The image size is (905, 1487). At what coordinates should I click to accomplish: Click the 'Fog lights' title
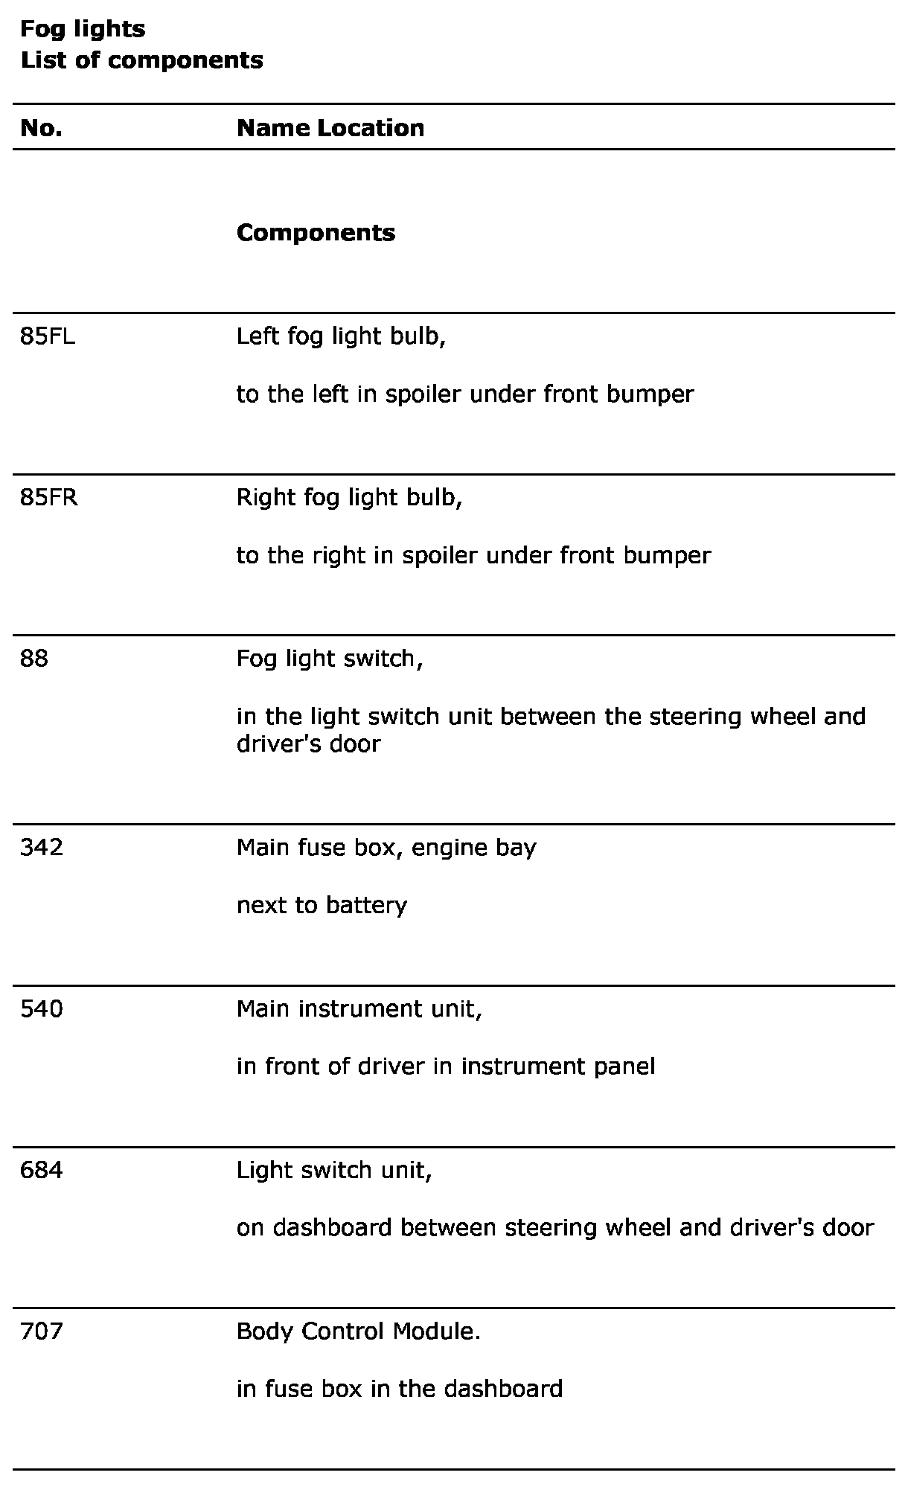tap(83, 30)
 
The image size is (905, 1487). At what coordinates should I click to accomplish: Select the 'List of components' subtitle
tap(141, 60)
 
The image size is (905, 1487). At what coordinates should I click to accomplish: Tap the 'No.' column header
tap(41, 128)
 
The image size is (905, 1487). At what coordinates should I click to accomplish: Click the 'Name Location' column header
tap(330, 128)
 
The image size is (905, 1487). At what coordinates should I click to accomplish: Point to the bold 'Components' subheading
tap(316, 233)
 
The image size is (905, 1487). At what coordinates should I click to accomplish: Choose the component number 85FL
tap(48, 337)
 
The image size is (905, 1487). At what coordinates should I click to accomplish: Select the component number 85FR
tap(49, 498)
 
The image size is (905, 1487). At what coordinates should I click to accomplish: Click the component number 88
tap(34, 659)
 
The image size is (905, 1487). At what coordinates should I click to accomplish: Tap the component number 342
tap(42, 848)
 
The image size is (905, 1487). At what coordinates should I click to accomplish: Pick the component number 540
tap(42, 1009)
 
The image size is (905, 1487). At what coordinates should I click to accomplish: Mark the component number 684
tap(42, 1171)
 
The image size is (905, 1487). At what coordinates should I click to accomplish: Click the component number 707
tap(42, 1331)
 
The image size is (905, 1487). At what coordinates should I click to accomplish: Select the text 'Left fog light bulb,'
tap(341, 337)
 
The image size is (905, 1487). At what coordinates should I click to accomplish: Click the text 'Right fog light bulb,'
tap(349, 498)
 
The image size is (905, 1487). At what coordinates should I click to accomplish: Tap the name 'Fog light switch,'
tap(330, 659)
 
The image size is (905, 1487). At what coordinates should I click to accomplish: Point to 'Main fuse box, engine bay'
tap(386, 848)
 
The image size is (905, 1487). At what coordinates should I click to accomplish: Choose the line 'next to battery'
tap(322, 906)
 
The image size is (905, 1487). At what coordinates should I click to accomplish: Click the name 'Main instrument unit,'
tap(359, 1009)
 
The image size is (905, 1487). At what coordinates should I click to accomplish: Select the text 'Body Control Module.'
tap(358, 1331)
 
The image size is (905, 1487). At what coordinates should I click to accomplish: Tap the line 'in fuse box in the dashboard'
tap(399, 1390)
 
